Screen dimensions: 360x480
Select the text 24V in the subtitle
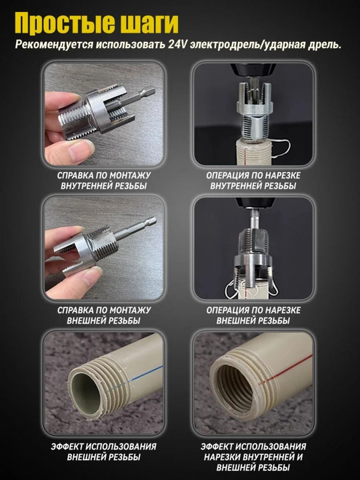click(x=177, y=45)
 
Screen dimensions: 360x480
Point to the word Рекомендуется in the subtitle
click(x=53, y=45)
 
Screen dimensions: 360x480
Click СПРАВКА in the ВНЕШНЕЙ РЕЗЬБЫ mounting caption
click(x=75, y=311)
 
